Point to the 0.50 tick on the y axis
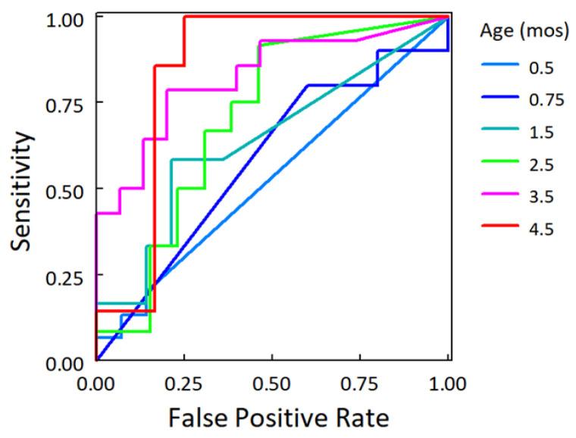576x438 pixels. pyautogui.click(x=68, y=188)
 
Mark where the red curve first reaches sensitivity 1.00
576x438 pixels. pyautogui.click(x=184, y=16)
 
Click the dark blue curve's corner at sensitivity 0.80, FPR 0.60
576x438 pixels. pyautogui.click(x=307, y=85)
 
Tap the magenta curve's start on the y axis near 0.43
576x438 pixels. pyautogui.click(x=97, y=213)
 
